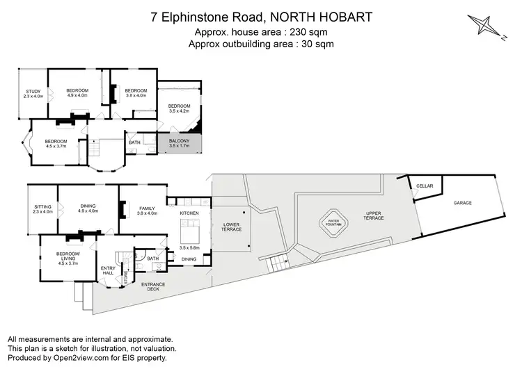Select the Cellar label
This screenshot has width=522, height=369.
pos(425,186)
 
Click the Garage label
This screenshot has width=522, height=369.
pos(463,203)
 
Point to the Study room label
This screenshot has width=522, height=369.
pos(33,92)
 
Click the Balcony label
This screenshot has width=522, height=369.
pos(179,142)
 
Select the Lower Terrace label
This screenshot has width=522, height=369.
pos(231,227)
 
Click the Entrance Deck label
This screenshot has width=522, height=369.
pos(153,286)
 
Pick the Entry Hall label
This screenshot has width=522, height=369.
pos(108,271)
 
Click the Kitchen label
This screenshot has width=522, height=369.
pos(190,213)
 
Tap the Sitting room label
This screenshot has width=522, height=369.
pos(43,207)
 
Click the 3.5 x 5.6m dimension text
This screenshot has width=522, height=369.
pos(189,247)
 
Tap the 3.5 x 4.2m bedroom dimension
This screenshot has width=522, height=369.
pos(179,110)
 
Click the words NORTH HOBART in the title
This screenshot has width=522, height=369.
pos(324,16)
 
